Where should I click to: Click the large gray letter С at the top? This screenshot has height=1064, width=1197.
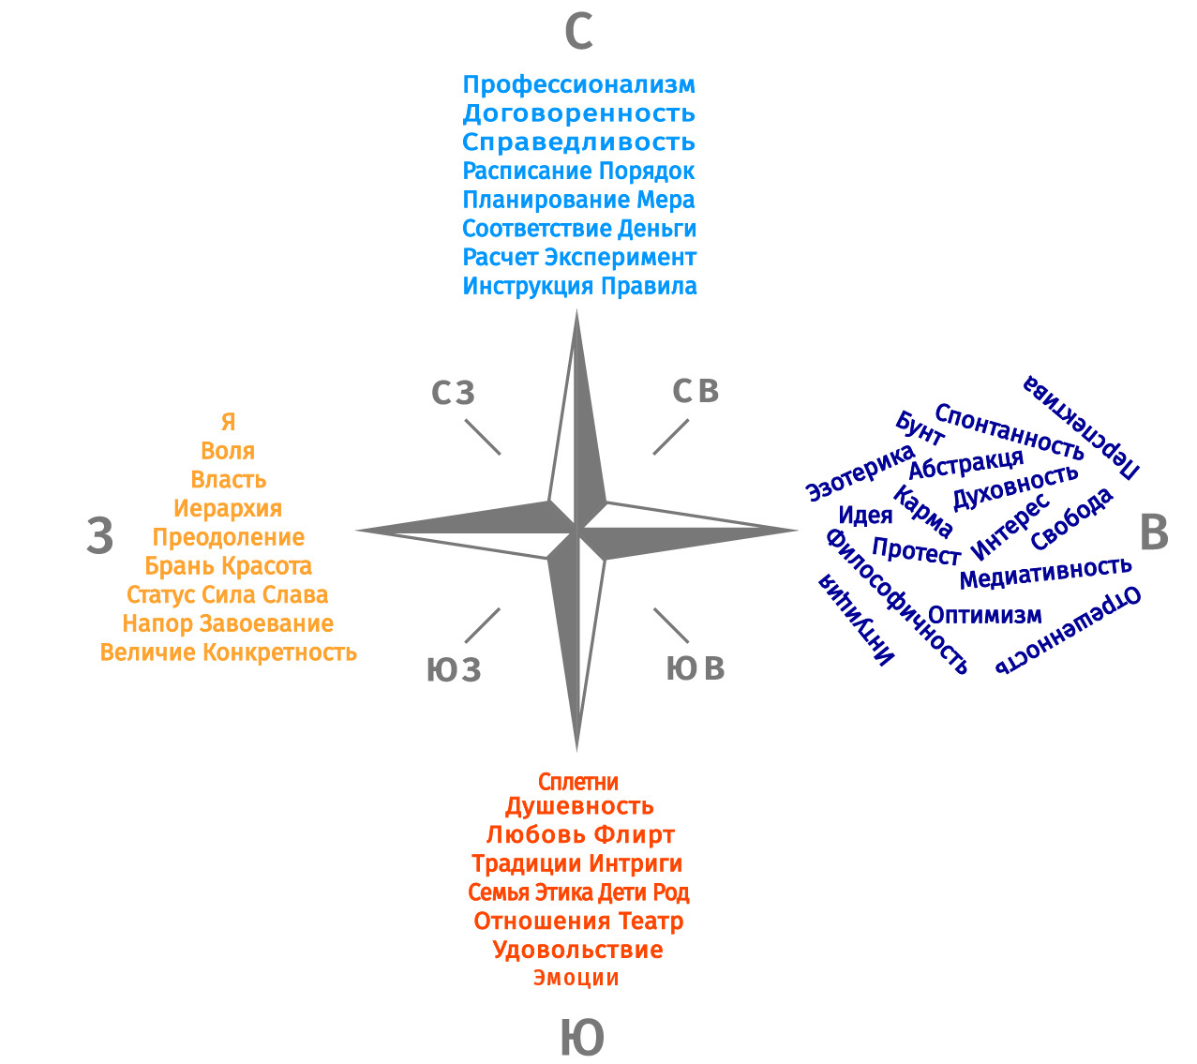pos(578,32)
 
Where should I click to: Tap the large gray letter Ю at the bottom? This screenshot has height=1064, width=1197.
pos(582,1038)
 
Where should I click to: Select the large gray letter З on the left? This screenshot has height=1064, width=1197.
pos(99,535)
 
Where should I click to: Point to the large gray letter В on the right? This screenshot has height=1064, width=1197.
pos(1153,532)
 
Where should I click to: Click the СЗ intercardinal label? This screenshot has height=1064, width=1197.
pos(453,392)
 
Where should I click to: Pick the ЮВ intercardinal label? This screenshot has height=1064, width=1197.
pos(695,668)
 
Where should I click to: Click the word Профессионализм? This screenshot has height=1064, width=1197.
pos(579,84)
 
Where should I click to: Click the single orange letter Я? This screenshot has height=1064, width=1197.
pos(228,422)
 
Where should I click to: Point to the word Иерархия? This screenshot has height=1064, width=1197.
pos(228,508)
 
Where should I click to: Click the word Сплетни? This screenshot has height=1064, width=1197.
pos(578,782)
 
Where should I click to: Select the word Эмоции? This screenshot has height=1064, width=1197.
pos(576,978)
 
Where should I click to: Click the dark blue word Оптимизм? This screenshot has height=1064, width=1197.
pos(985,615)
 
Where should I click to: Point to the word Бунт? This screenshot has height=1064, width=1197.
pos(920,427)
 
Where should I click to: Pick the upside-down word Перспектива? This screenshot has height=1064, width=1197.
pos(1081,427)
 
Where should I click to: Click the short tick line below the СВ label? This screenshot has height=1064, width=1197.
pos(670,437)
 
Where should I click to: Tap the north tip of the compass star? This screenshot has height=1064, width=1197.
pos(576,310)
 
